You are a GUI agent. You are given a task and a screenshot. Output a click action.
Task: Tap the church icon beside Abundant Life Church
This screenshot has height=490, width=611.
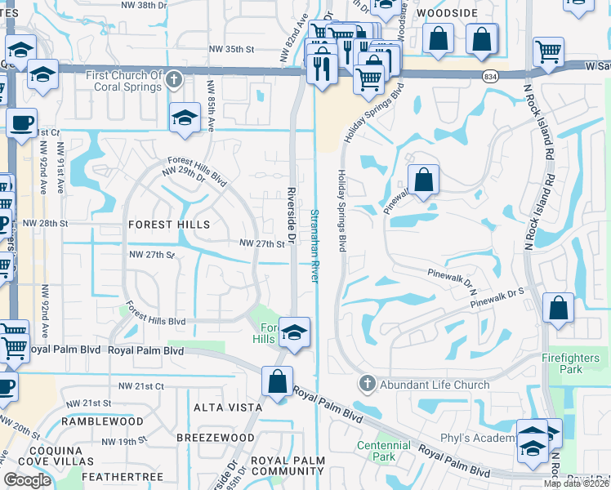[x=367, y=384]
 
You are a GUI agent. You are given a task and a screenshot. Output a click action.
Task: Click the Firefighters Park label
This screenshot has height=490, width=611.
[x=573, y=363]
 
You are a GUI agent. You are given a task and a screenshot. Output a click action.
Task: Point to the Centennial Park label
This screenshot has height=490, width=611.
[x=383, y=451]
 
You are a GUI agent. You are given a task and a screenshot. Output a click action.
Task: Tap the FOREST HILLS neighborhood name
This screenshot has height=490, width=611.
[x=169, y=224]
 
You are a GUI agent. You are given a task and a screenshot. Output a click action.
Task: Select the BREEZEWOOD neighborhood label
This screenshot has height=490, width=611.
[x=216, y=438]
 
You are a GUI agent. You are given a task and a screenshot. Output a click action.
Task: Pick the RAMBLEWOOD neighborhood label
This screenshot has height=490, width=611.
[x=102, y=422]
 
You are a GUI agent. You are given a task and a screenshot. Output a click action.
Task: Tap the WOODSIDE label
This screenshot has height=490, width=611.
[x=446, y=13]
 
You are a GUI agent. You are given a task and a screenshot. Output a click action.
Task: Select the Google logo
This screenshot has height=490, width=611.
[x=27, y=480]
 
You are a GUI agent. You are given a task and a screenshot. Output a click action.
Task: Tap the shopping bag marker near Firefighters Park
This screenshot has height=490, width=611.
[x=558, y=309]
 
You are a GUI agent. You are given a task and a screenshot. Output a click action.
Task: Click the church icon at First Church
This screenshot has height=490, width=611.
[x=173, y=80]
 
